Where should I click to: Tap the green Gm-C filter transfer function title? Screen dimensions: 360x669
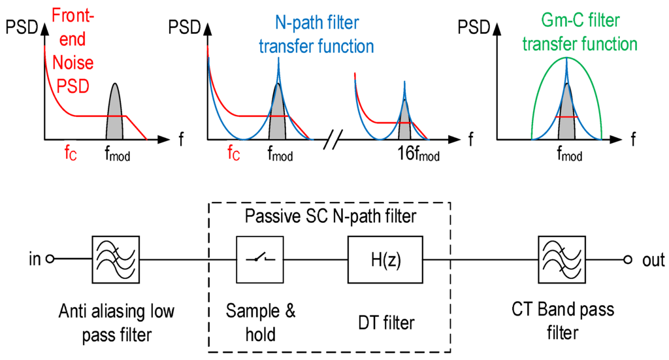click(589, 37)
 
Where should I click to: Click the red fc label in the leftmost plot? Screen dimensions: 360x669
click(69, 155)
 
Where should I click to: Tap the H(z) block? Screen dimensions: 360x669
click(386, 258)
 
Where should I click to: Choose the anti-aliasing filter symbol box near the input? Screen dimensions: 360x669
click(114, 258)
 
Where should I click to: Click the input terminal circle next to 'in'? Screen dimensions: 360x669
click(49, 259)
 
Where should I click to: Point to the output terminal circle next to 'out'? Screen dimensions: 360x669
click(627, 259)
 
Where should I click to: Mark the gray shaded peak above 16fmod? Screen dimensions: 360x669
click(404, 124)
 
